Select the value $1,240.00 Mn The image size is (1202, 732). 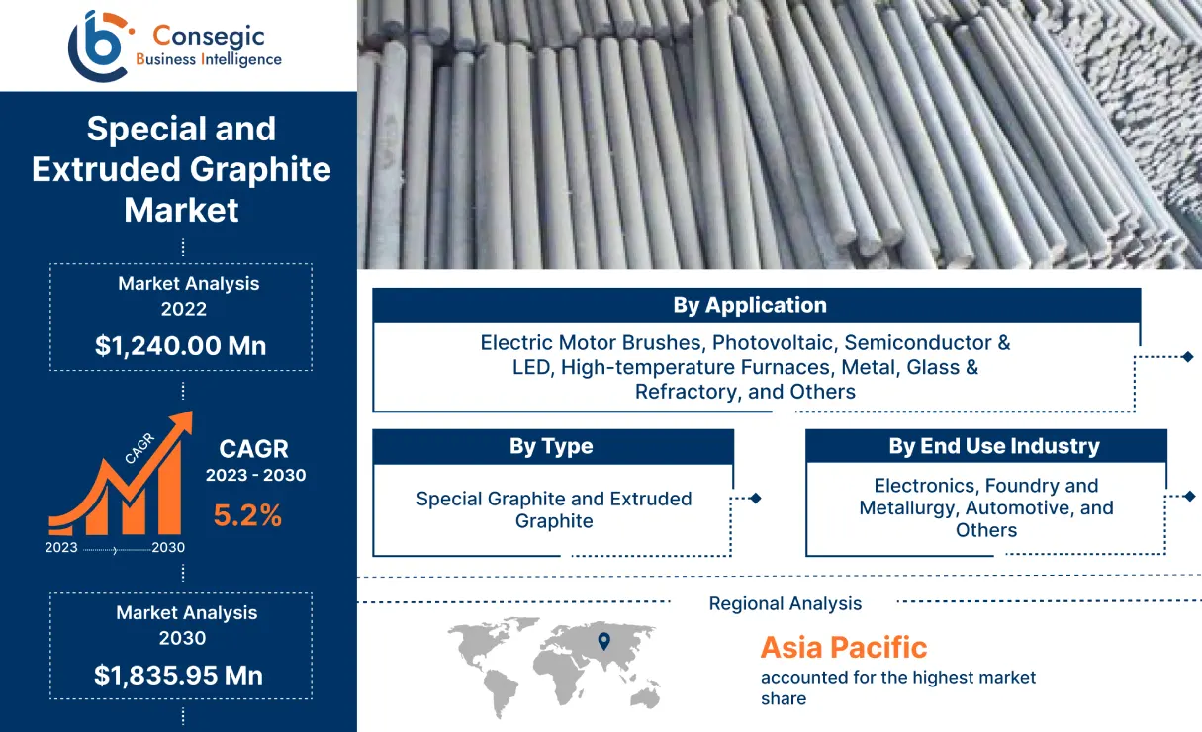[181, 345]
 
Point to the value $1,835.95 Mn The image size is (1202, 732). [179, 675]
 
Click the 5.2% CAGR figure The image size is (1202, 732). [247, 514]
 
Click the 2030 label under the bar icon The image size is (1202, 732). [168, 547]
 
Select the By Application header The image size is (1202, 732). [750, 305]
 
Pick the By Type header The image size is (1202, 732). [551, 446]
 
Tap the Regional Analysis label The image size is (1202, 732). [786, 603]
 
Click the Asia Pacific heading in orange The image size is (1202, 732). [843, 648]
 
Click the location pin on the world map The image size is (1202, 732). [603, 642]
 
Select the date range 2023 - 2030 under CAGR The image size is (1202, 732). [255, 475]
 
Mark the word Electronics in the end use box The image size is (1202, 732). [925, 485]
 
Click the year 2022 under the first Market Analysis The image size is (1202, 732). [184, 309]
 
